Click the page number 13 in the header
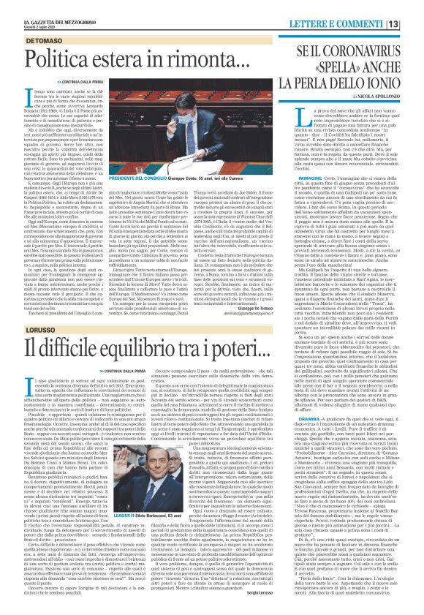tap(414, 7)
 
